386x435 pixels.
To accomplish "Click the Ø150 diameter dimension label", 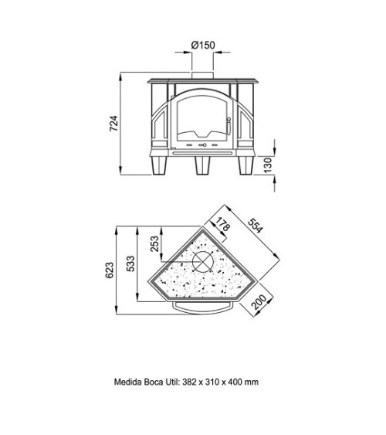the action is pyautogui.click(x=203, y=45).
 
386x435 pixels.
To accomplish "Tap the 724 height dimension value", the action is pyautogui.click(x=113, y=123).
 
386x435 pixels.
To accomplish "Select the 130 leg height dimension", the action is pyautogui.click(x=268, y=165).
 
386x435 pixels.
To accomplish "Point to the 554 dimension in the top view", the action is pyautogui.click(x=255, y=226).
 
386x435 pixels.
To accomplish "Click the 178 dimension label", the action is pyautogui.click(x=223, y=224).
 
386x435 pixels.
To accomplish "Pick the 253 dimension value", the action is pyautogui.click(x=155, y=243).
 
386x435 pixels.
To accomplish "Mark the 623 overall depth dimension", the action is pyautogui.click(x=109, y=270).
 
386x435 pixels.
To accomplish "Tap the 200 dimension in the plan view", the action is pyautogui.click(x=259, y=302).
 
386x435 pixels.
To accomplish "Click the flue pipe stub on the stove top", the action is pyautogui.click(x=202, y=75).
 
